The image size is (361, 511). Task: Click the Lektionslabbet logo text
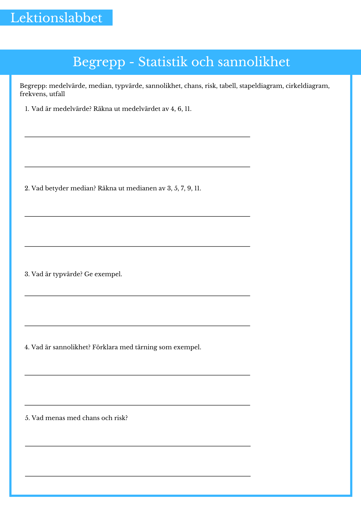click(x=56, y=18)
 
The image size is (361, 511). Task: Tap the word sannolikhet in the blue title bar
click(x=254, y=62)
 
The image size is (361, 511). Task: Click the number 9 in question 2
click(x=189, y=189)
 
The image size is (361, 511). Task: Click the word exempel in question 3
click(x=108, y=274)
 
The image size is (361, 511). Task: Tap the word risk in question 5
click(x=121, y=418)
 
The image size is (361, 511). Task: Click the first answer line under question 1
click(x=137, y=137)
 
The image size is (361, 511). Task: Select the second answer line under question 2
click(x=137, y=246)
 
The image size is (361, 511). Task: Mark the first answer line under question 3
click(x=137, y=296)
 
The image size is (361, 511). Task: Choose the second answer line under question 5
click(x=138, y=476)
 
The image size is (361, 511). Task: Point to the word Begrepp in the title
click(x=99, y=62)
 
